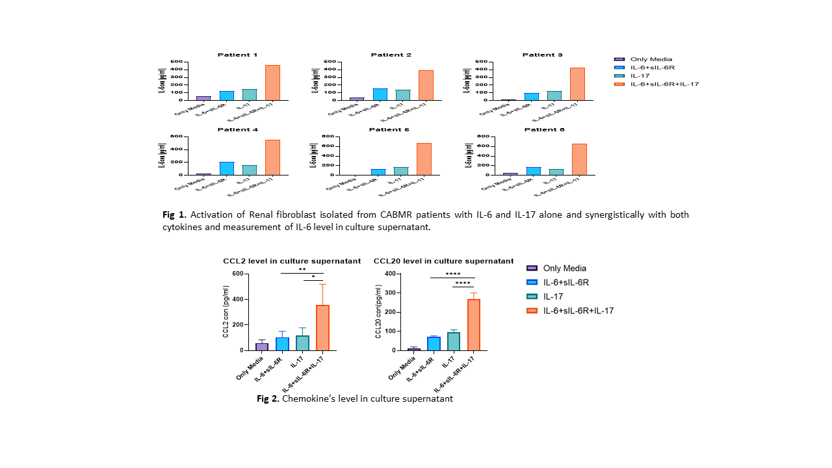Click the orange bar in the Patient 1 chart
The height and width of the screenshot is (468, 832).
click(272, 83)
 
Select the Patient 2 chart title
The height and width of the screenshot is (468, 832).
click(391, 55)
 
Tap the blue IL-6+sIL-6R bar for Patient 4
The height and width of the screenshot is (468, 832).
click(227, 168)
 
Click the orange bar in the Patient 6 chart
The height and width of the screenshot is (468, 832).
click(578, 159)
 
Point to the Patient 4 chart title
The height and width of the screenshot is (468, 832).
click(237, 129)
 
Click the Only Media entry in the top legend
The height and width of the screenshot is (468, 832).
click(651, 59)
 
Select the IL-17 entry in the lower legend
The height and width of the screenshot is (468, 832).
click(554, 296)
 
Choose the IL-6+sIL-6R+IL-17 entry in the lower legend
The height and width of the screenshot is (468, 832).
click(578, 311)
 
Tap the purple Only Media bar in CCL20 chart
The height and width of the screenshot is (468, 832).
click(414, 349)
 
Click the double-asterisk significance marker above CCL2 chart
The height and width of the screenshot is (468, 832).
click(302, 270)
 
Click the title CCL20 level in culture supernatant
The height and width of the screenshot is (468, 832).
click(443, 261)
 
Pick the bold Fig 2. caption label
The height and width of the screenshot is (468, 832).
click(268, 398)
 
